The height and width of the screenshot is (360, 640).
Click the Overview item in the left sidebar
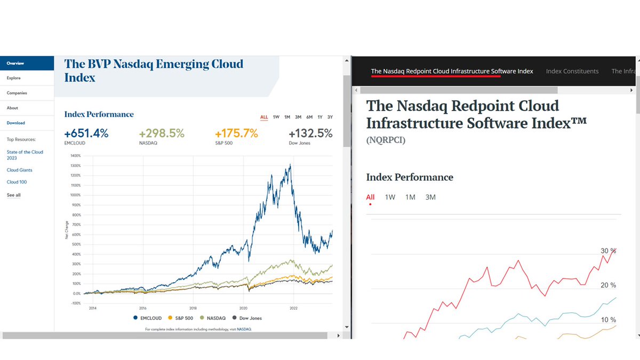[x=15, y=63]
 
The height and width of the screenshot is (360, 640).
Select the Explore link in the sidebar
[x=14, y=78]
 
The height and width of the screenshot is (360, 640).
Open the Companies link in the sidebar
[x=17, y=93]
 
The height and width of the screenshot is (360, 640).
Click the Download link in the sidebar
[x=15, y=123]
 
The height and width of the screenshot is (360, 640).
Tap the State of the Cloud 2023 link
[x=25, y=155]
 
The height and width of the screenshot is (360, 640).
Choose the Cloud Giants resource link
[x=19, y=170]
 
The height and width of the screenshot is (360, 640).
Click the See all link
[x=13, y=195]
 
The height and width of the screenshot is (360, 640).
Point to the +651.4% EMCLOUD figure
[x=86, y=133]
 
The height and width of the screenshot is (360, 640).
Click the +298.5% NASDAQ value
[x=162, y=133]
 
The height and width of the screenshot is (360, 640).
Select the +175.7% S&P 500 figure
[x=236, y=133]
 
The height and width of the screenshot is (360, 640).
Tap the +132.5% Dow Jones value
[x=310, y=133]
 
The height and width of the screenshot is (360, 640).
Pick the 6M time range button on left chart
[x=309, y=117]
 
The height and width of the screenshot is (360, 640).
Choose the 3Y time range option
[x=330, y=117]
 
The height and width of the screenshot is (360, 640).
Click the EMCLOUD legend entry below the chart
[x=147, y=318]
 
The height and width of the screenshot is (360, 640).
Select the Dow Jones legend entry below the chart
[x=247, y=318]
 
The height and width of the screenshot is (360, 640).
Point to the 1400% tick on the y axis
[x=75, y=156]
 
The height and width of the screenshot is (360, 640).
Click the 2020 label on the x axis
[x=243, y=308]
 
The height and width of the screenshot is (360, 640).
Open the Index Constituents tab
[x=572, y=71]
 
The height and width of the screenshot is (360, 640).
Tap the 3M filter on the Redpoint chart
[x=430, y=197]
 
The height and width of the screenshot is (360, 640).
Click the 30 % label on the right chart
[x=609, y=251]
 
